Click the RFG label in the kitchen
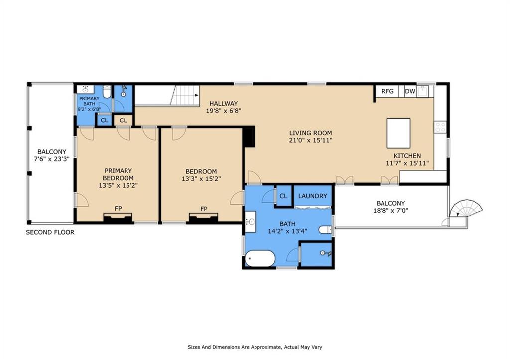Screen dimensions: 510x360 [x=387, y=91]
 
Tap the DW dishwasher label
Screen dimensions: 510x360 [x=410, y=91]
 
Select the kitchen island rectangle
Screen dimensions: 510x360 [x=398, y=133]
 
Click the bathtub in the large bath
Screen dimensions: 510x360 [x=260, y=258]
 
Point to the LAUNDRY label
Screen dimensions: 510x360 [x=313, y=196]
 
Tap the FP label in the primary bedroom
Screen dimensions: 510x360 [x=118, y=209]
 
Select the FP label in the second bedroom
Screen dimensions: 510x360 [x=204, y=209]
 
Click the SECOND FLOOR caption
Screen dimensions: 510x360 [x=50, y=232]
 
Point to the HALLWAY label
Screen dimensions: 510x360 [x=224, y=103]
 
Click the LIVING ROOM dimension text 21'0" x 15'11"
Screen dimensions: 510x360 [x=311, y=140]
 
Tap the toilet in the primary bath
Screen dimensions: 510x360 [x=107, y=91]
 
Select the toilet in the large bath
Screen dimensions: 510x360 [x=325, y=230]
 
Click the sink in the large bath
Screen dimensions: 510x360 [x=250, y=222]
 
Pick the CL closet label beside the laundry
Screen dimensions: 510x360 [x=283, y=196]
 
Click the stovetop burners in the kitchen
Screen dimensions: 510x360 [x=440, y=127]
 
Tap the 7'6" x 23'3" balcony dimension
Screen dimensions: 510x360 [x=52, y=159]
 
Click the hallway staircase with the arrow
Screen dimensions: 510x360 [x=185, y=95]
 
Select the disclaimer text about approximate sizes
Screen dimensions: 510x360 [x=255, y=347]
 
